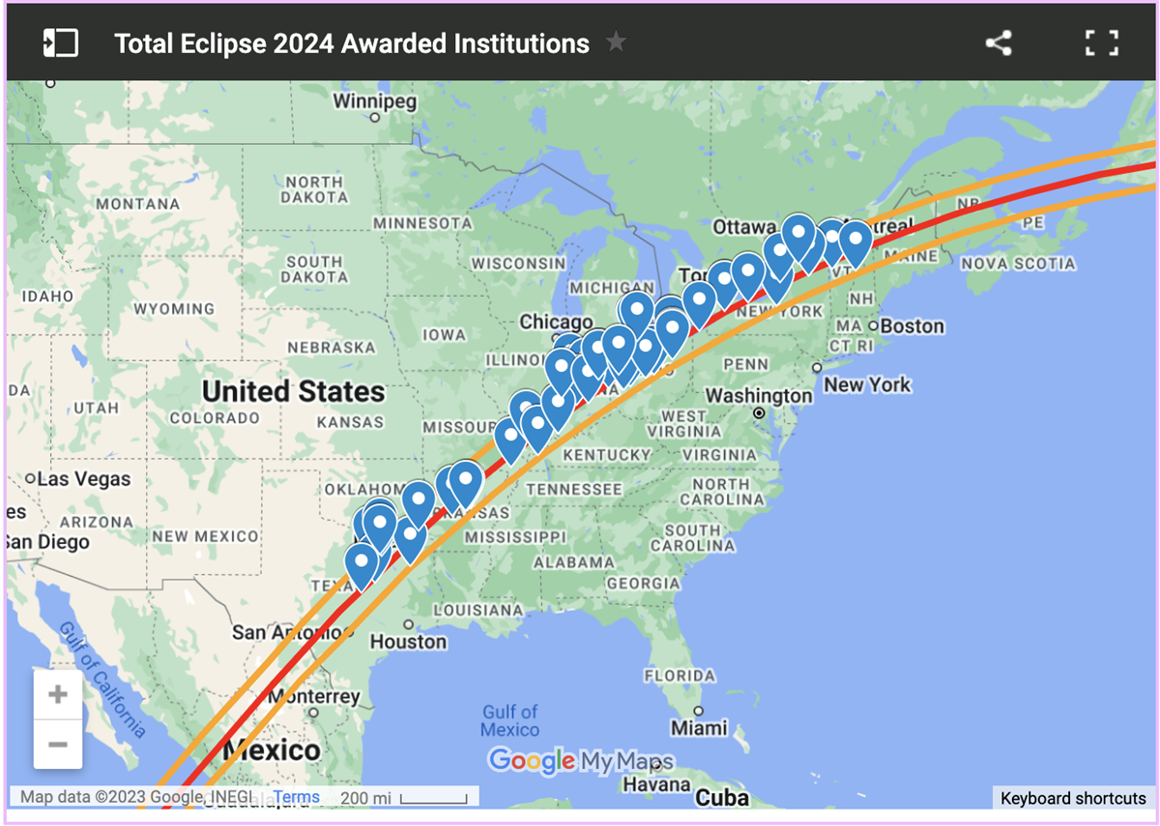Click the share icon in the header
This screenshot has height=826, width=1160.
998,43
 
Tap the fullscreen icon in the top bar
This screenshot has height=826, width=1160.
1101,43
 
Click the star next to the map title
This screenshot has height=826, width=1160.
616,43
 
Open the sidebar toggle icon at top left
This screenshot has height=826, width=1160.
60,43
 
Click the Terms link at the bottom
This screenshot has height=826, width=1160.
296,797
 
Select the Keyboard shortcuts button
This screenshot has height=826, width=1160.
1073,798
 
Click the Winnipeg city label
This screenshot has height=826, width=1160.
374,101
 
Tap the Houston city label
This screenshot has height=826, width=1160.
409,641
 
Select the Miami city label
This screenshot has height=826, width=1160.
699,726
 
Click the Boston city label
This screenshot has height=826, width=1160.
912,327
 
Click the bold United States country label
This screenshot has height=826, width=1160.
293,391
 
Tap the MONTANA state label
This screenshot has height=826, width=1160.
137,204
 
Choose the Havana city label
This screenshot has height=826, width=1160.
657,784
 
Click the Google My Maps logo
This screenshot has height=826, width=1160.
580,760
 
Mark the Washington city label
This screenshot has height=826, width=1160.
759,396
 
